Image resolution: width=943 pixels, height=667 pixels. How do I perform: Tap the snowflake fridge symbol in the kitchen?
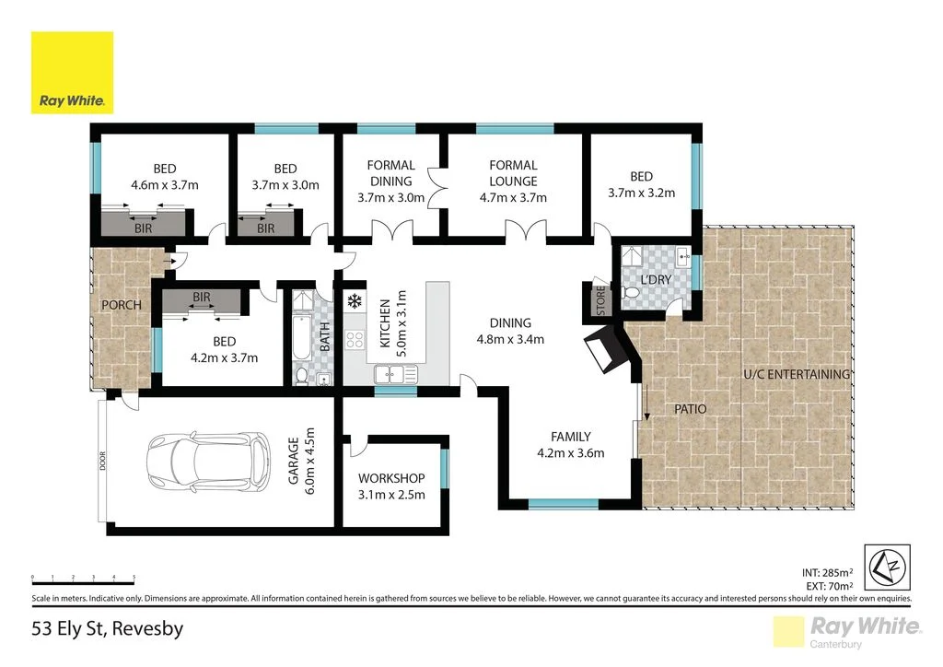(x=354, y=300)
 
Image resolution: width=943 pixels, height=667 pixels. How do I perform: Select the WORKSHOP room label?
(x=391, y=478)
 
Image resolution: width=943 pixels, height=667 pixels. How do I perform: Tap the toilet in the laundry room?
(x=633, y=292)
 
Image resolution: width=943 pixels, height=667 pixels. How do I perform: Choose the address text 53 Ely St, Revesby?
(x=107, y=630)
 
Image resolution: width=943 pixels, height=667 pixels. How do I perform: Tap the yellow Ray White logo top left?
(x=73, y=73)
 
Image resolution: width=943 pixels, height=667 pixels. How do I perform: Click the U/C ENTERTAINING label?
(x=797, y=374)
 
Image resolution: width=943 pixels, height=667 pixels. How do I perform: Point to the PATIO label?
(x=690, y=406)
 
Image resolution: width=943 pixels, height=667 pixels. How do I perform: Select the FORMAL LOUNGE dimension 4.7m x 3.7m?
(x=513, y=197)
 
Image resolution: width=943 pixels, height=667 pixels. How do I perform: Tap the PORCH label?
(x=121, y=305)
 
